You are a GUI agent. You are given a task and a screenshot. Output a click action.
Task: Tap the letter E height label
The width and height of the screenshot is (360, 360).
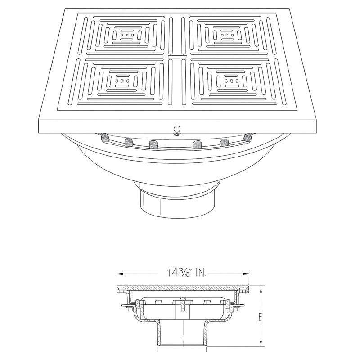260,317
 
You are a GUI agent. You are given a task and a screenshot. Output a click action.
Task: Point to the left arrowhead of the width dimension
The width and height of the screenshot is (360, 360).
119,273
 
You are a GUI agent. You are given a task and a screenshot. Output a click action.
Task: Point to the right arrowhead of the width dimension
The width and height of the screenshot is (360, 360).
247,273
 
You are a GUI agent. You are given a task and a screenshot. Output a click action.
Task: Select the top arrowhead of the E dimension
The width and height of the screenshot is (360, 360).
260,288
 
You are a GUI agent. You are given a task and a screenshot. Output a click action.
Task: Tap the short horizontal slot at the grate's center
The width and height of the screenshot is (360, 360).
177,58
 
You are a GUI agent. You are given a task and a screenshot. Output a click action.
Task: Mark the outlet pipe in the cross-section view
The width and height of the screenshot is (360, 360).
182,335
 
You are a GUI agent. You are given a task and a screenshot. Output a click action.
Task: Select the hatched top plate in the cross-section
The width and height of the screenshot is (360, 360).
183,288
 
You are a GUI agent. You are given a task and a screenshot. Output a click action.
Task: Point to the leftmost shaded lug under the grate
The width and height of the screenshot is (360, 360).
105,136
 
